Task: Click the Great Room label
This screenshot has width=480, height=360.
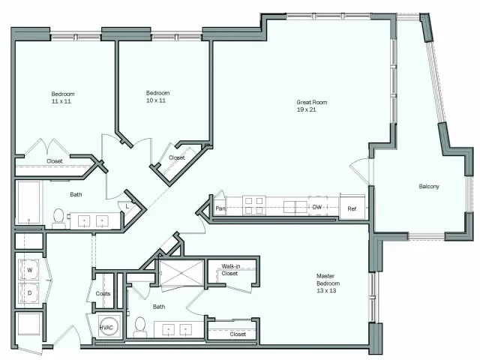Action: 311,102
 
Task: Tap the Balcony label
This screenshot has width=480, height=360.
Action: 428,187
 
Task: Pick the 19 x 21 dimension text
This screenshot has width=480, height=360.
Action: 307,109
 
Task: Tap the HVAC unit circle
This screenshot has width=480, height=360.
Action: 106,328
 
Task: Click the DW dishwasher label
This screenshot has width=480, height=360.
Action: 317,207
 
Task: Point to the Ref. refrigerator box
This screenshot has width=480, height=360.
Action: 352,208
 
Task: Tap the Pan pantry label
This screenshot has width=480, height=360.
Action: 220,208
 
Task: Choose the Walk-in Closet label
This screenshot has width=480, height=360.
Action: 229,270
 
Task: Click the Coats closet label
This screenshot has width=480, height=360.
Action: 103,293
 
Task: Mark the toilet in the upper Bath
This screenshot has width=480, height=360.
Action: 58,217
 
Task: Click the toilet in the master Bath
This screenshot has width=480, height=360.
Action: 139,325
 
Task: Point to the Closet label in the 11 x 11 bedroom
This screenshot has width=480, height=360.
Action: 55,160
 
